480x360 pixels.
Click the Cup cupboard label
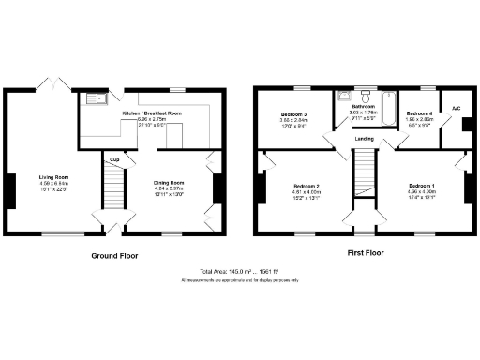[x=113, y=159]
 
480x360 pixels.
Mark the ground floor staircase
[x=113, y=191]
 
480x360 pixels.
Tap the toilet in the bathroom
[x=387, y=95]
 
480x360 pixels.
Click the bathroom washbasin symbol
[x=343, y=96]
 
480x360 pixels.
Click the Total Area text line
[x=240, y=271]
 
